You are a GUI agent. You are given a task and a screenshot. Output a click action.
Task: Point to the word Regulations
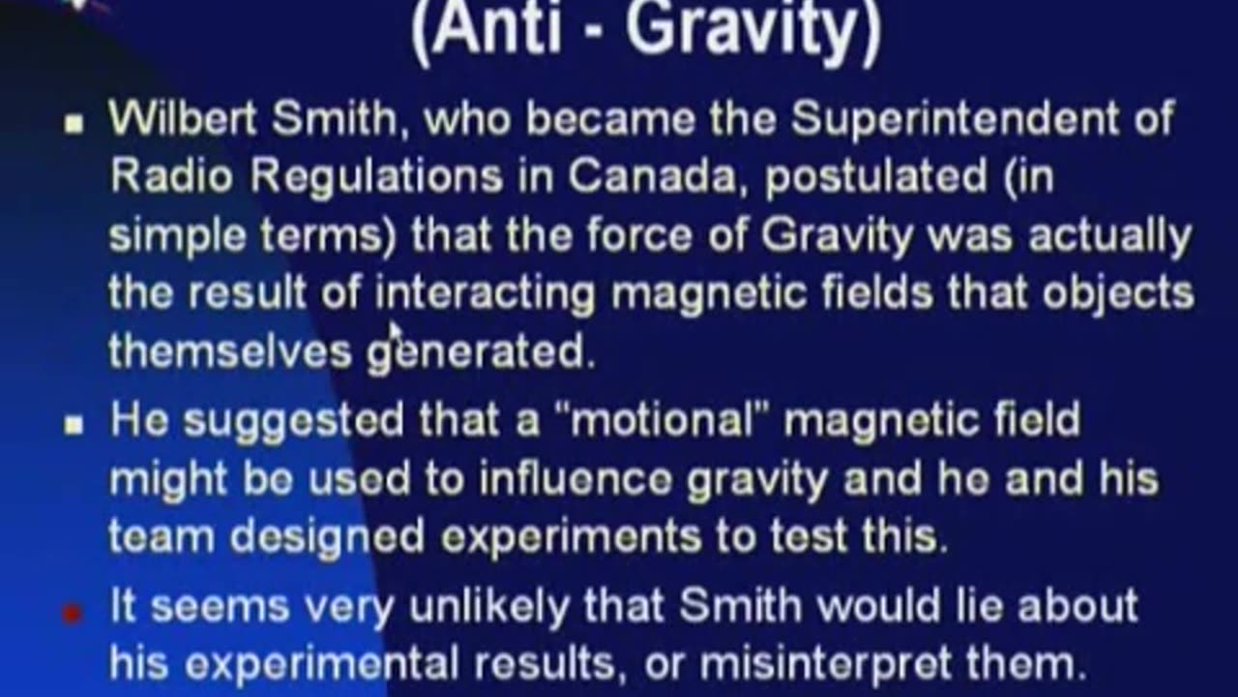tap(376, 179)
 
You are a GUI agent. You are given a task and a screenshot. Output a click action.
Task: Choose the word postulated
tap(876, 179)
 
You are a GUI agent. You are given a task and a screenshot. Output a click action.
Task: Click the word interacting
tap(486, 294)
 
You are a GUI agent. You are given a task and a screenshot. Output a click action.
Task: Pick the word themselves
tap(230, 350)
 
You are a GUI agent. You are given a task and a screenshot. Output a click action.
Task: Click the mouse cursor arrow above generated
tap(396, 332)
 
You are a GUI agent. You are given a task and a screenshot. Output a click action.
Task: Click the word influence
tap(575, 478)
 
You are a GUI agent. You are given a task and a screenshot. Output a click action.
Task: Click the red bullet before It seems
tap(72, 613)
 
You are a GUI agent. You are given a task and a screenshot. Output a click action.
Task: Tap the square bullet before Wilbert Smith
tap(74, 124)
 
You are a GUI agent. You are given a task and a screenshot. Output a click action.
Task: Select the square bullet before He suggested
tap(74, 425)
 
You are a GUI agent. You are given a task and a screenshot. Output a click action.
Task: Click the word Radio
tap(171, 176)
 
